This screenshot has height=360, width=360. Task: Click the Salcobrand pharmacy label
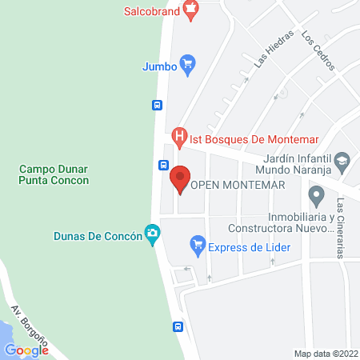coord(151,11)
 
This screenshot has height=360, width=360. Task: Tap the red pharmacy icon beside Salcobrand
coord(190,10)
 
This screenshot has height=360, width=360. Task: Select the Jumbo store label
coord(159,66)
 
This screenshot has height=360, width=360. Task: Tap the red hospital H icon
coord(180,137)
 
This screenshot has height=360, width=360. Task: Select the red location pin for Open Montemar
coord(181,178)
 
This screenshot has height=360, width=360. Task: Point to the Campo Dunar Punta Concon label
coord(54,174)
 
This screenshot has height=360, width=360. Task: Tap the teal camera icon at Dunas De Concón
coord(151,234)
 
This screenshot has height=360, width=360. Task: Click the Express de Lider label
coord(249,246)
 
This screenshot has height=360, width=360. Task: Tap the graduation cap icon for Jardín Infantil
coord(342,160)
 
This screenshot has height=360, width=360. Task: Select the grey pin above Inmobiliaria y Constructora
coord(317,194)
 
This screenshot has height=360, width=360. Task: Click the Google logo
coord(26,350)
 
